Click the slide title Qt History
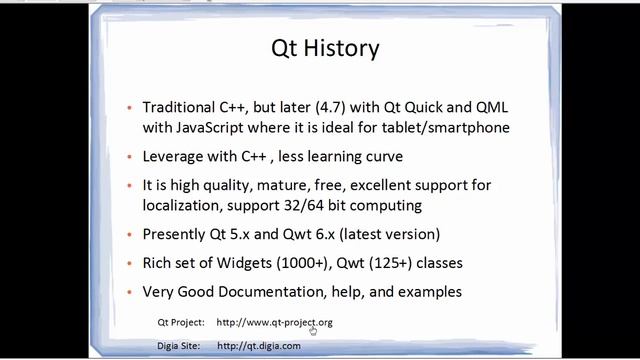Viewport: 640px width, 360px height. click(325, 47)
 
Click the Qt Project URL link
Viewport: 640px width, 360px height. click(274, 323)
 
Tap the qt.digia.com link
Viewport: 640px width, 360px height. click(258, 345)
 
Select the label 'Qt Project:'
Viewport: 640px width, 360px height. click(181, 323)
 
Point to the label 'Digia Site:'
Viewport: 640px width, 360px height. click(180, 345)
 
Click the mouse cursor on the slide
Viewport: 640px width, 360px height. click(313, 329)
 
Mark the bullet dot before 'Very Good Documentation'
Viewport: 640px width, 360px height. click(131, 293)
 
